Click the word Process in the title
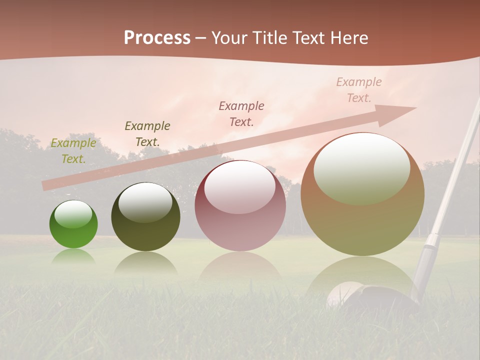coord(157,38)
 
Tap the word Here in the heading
coord(348,38)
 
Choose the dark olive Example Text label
coord(147,133)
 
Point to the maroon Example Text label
coord(241,113)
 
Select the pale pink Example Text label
coord(359,90)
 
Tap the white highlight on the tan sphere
coord(361,167)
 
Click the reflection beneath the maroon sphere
coord(240,267)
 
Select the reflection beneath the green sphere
coord(73,256)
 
